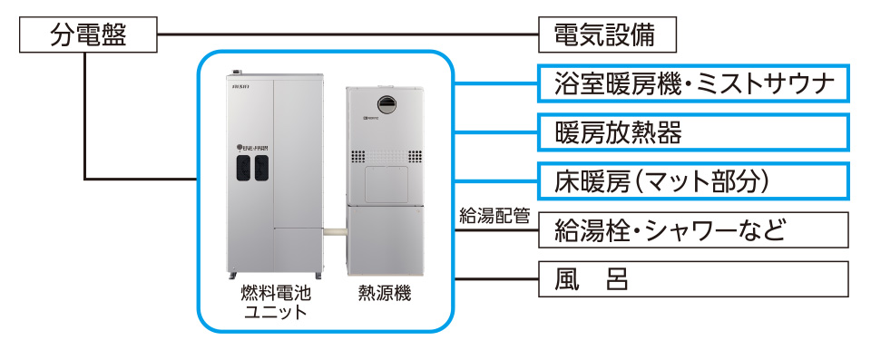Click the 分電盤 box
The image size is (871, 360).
(x=88, y=37)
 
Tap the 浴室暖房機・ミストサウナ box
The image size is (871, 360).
(x=694, y=84)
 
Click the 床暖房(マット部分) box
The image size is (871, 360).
(x=694, y=180)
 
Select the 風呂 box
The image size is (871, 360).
(x=694, y=277)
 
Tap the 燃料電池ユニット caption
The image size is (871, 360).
(x=275, y=303)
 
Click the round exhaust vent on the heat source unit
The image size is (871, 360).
(x=387, y=104)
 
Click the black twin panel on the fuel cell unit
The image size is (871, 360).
(x=253, y=169)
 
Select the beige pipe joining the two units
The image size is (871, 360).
(x=334, y=234)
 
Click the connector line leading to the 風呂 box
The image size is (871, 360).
(x=494, y=277)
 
